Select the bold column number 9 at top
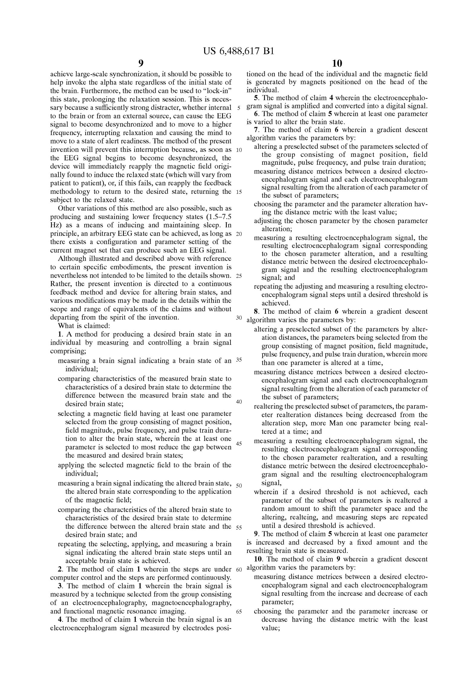click(141, 63)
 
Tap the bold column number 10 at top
click(337, 63)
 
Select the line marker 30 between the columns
click(239, 318)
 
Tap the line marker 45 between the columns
click(239, 444)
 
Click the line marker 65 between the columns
click(239, 611)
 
